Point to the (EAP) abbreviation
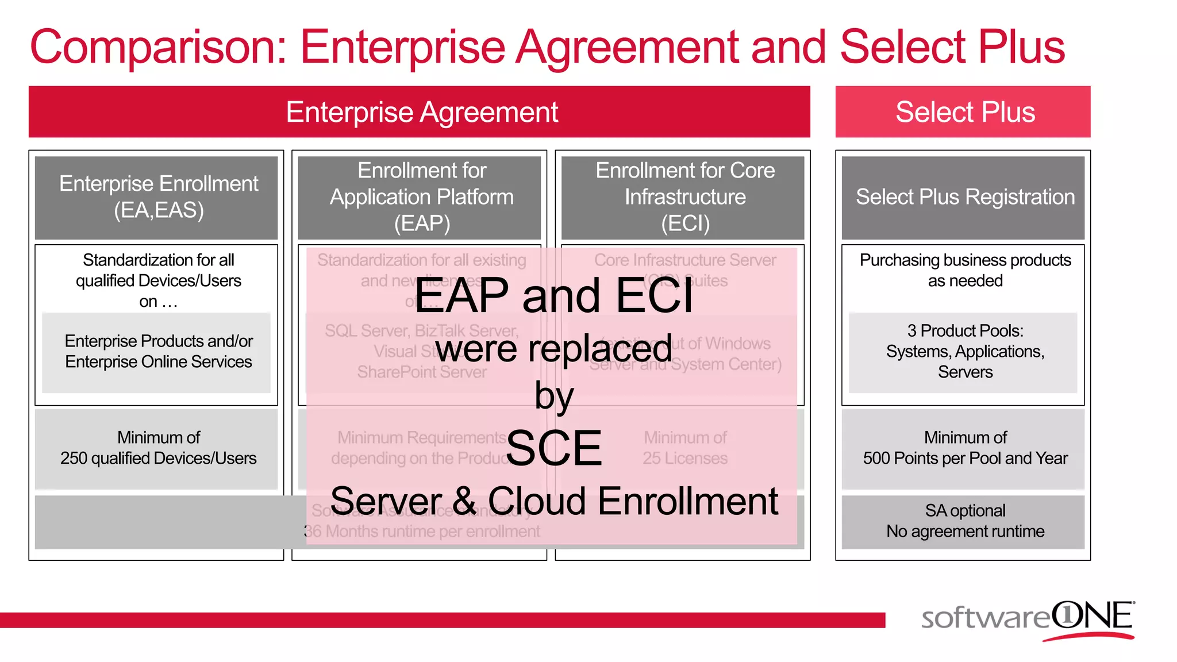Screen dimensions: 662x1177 click(422, 224)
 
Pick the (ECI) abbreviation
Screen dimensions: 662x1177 click(685, 224)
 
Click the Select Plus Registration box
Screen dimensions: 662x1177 click(964, 197)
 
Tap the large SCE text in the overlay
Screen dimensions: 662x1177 click(554, 448)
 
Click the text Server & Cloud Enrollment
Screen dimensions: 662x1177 click(554, 501)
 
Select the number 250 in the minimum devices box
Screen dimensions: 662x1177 click(74, 459)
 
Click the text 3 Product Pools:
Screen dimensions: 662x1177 click(965, 331)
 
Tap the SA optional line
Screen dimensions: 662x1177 click(965, 510)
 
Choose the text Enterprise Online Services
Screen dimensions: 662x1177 click(158, 362)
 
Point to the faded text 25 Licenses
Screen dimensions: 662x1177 click(685, 459)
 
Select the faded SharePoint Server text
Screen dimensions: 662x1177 click(422, 372)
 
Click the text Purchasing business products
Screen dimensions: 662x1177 click(965, 260)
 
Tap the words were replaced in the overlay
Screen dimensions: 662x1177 click(554, 348)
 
